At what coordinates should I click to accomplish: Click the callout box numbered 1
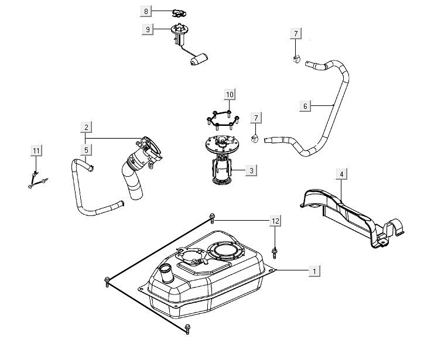click(x=314, y=271)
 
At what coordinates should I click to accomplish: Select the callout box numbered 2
click(x=86, y=127)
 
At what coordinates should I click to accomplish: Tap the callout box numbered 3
click(x=251, y=170)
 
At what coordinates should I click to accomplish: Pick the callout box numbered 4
click(x=341, y=173)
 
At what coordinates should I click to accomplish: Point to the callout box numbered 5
click(x=86, y=150)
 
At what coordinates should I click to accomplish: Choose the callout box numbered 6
click(x=305, y=106)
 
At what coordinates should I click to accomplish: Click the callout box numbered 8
click(x=146, y=11)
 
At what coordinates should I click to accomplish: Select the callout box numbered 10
click(x=229, y=94)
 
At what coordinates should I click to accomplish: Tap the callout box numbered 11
click(x=36, y=151)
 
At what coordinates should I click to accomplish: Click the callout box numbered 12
click(x=275, y=221)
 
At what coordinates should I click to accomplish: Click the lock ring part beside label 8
click(x=178, y=11)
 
